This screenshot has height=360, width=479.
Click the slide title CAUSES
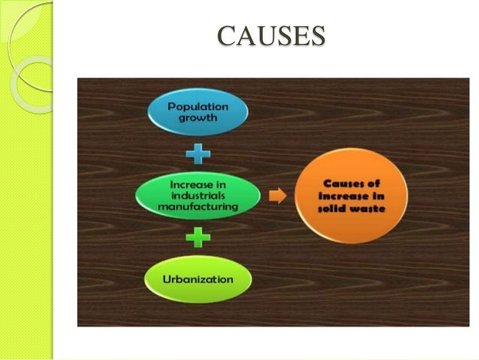coord(271,35)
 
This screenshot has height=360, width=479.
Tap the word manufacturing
coord(199,207)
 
